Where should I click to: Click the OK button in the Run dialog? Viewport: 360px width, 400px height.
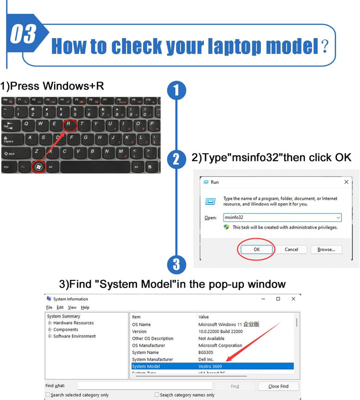(256, 249)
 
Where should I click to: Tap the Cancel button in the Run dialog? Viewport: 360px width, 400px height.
(291, 249)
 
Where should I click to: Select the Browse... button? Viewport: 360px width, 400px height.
(326, 249)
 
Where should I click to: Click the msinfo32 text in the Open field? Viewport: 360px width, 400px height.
(234, 218)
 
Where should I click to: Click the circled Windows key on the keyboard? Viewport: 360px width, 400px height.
(39, 166)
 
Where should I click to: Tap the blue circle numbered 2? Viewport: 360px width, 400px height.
(176, 159)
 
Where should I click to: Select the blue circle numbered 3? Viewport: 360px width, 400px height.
(176, 264)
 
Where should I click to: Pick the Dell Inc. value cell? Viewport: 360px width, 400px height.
(206, 359)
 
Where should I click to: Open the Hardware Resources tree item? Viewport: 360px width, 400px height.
(73, 323)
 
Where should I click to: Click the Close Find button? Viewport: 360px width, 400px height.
(278, 386)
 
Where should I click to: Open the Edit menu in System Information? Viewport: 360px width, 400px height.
(60, 307)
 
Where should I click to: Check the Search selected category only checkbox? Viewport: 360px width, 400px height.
(48, 395)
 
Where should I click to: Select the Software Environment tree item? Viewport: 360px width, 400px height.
(74, 336)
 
